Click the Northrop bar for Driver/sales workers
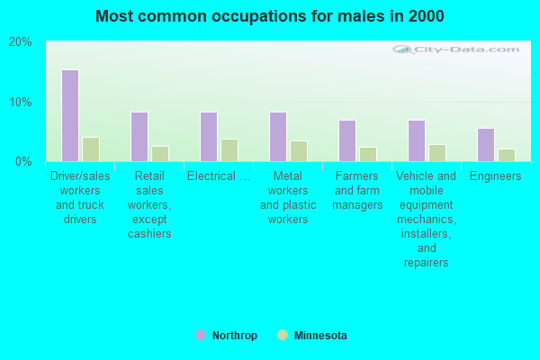coord(70,115)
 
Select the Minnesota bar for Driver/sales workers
coord(91,149)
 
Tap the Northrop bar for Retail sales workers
coord(139,137)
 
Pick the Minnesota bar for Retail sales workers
coord(160,154)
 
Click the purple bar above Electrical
coord(209,137)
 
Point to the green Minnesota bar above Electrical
coord(229,150)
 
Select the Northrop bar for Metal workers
coord(278,137)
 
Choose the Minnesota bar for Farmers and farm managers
coord(368,154)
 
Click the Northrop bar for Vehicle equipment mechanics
coord(417,140)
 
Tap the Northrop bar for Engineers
coord(486,145)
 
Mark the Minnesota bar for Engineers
coord(507,155)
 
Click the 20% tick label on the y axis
coord(21,42)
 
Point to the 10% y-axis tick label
coord(21,102)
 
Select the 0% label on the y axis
coord(23,161)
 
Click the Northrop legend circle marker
coord(201,335)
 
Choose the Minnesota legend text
coord(320,335)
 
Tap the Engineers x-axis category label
coord(495,176)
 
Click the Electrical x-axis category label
coord(219,176)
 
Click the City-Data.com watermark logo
coord(455,49)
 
